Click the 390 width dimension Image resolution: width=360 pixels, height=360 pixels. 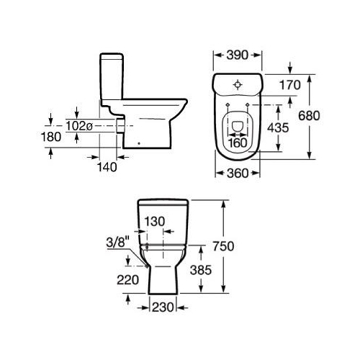point(238,55)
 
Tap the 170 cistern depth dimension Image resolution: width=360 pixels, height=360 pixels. point(290,85)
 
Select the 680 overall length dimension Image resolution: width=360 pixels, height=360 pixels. point(309,116)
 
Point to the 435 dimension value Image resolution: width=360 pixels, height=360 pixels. point(278,127)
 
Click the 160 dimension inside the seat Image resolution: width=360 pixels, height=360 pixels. point(237,143)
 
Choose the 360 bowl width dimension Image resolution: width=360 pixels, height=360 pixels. point(238,174)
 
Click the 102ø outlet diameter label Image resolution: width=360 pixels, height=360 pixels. point(79,126)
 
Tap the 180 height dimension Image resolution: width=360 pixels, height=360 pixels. point(51,137)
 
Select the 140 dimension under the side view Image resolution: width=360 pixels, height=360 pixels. point(107,167)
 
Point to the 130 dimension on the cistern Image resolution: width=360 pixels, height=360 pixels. point(155,221)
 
